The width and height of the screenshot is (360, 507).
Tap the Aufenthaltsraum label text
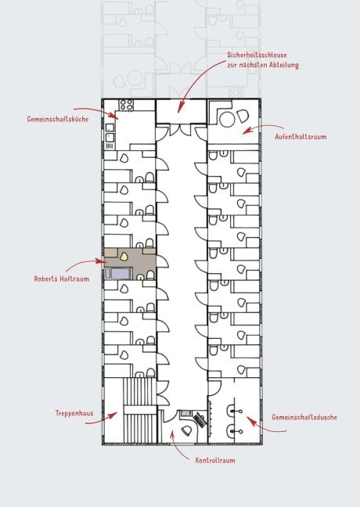300,136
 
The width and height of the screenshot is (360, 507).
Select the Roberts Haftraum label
61,278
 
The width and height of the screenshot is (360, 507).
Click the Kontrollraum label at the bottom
214,460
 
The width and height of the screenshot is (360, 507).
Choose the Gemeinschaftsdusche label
304,417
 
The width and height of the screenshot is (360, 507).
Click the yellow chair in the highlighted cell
124,254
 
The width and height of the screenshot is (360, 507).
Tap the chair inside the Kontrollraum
186,429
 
